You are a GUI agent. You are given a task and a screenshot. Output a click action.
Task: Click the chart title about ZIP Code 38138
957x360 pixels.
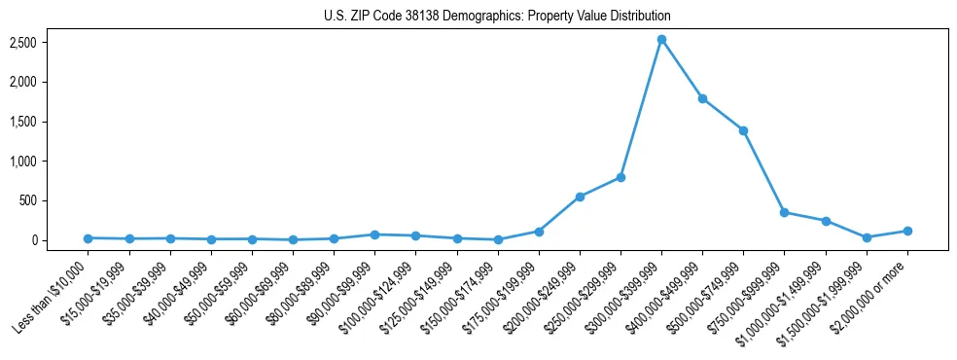[x=497, y=17]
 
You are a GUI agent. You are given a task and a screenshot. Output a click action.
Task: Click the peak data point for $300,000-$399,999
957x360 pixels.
[x=661, y=40]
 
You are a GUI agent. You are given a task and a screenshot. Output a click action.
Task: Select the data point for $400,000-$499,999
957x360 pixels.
[x=702, y=98]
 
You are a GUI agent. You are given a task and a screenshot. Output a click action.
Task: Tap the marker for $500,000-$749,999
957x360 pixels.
[x=743, y=130]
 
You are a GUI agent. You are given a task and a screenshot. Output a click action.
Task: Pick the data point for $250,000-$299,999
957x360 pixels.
[x=620, y=177]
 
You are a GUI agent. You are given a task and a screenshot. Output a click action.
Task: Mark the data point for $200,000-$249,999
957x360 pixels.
[x=580, y=197]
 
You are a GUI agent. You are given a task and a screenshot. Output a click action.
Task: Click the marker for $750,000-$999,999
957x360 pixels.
[x=784, y=212]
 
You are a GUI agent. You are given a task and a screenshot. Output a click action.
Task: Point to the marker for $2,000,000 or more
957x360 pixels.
[x=907, y=231]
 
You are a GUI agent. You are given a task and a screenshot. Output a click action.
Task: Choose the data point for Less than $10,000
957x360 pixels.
[x=89, y=238]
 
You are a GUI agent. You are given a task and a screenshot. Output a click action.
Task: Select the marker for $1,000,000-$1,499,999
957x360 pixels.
[x=826, y=221]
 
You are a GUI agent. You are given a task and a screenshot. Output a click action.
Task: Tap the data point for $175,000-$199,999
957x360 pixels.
[x=539, y=232]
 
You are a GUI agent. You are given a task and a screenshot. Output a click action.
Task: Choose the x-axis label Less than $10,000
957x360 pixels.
[x=51, y=294]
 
